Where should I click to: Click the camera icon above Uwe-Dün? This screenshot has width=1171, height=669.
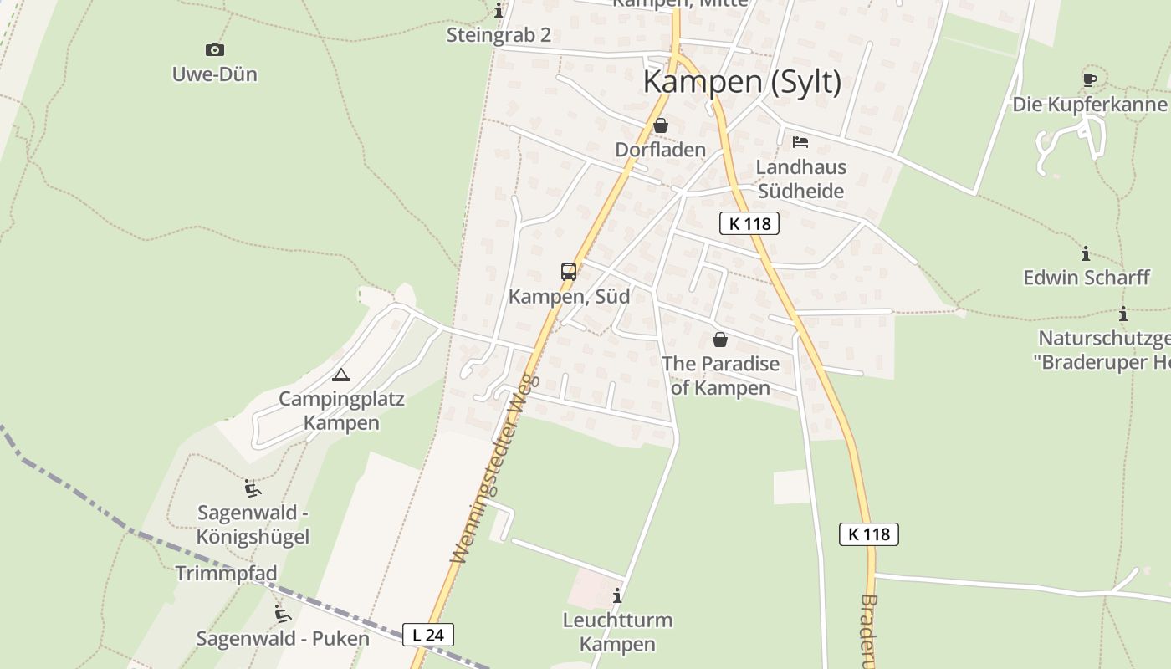coord(215,50)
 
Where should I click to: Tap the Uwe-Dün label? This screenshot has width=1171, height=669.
coord(215,74)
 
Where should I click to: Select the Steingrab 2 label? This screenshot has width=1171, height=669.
coord(499,35)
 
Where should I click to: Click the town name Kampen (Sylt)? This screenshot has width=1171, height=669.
coord(742,82)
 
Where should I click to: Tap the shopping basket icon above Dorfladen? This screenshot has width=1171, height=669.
coord(661,126)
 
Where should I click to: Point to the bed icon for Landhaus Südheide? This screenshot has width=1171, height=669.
coord(800,142)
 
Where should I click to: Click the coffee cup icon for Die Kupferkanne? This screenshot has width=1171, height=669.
coord(1089,79)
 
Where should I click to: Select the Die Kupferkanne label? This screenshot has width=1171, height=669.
coord(1089,105)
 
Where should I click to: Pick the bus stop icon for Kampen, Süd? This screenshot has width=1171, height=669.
coord(569,272)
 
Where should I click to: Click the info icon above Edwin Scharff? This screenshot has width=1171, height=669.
coord(1086,253)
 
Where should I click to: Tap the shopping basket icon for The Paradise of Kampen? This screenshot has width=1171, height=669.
coord(720,340)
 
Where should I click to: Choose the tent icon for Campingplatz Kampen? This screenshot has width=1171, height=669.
coord(340,375)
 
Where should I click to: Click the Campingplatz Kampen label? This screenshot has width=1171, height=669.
coord(341,411)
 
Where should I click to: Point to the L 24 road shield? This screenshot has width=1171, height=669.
coord(428,635)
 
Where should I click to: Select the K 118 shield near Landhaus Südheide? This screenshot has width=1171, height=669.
coord(749,223)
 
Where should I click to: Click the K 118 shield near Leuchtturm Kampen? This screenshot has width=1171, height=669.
coord(869,534)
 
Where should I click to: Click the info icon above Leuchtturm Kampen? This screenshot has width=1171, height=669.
coord(617,596)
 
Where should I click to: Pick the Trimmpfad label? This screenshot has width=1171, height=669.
coord(226,574)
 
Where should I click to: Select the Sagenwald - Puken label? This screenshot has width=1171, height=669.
coord(283,639)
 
